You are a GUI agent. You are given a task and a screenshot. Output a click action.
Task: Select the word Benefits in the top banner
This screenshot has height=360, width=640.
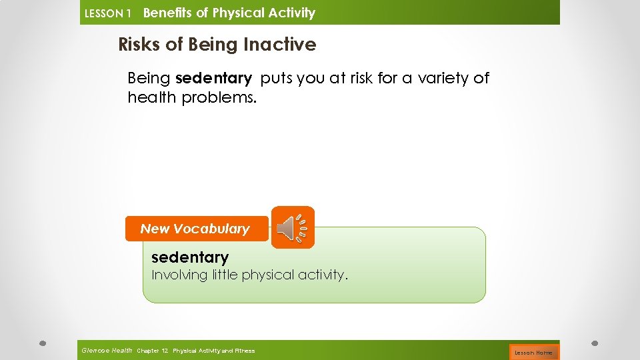tap(167, 13)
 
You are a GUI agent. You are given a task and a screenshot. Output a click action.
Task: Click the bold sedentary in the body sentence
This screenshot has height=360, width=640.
tap(213, 79)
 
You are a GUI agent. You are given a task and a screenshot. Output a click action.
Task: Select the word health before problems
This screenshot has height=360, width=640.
tap(152, 98)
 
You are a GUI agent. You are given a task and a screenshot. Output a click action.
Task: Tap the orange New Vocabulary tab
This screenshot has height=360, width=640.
tap(195, 229)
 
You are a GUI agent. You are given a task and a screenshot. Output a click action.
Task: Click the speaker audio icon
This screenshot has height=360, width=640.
tap(293, 227)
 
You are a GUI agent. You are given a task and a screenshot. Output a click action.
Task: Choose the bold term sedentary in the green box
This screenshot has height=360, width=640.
tap(190, 257)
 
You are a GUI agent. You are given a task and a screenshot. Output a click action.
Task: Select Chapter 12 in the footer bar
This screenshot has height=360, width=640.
tap(153, 351)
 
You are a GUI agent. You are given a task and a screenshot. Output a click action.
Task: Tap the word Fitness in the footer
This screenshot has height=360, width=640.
tap(244, 351)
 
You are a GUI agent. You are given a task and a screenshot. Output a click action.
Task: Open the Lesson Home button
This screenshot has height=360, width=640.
tap(533, 352)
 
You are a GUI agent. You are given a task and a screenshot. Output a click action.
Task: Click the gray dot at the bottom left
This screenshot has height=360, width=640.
tap(41, 343)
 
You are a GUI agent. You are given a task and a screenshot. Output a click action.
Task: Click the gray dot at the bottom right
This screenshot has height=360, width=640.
tap(595, 343)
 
